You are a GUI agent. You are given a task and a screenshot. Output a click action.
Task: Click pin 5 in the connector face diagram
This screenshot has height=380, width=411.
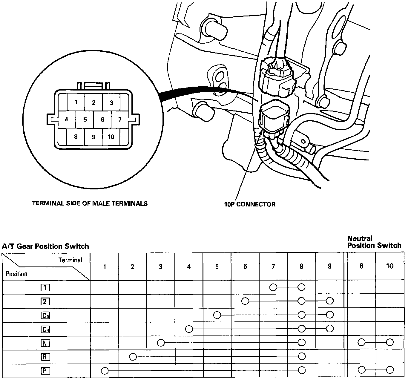coord(85,120)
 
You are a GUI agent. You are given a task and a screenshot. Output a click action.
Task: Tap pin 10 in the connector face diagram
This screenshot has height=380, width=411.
coord(111,137)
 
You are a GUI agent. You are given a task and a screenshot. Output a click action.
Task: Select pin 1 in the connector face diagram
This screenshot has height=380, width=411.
coord(76,102)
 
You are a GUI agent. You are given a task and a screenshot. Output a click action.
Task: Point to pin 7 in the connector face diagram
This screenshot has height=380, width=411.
coord(120,119)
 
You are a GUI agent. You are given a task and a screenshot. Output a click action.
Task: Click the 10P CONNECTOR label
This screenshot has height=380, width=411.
coord(250,204)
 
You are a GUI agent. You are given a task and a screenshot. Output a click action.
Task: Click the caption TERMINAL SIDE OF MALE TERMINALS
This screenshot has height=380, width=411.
coord(90,203)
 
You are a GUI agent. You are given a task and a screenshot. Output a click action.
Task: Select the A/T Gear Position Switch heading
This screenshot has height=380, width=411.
coord(45,246)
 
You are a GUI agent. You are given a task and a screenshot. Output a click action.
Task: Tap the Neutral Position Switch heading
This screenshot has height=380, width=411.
coord(374,242)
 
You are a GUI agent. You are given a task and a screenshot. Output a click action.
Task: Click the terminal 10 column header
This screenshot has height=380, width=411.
coord(389,266)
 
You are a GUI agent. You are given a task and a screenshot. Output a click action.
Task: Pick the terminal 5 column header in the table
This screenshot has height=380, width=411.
coord(217,266)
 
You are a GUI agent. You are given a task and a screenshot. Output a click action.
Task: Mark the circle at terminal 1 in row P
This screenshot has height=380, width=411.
coord(105,371)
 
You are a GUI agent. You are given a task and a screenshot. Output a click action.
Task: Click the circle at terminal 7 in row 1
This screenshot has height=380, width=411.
coord(273,287)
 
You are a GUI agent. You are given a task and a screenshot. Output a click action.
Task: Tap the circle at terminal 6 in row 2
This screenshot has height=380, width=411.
coord(245,301)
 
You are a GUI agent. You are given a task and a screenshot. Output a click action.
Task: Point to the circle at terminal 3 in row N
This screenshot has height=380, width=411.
coord(161,343)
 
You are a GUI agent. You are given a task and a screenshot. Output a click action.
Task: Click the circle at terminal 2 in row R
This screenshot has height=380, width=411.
coord(133,356)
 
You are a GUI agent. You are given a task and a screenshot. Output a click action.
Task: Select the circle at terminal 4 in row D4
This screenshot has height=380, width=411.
coord(189,329)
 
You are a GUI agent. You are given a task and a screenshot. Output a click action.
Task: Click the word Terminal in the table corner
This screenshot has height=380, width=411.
coord(70,260)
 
